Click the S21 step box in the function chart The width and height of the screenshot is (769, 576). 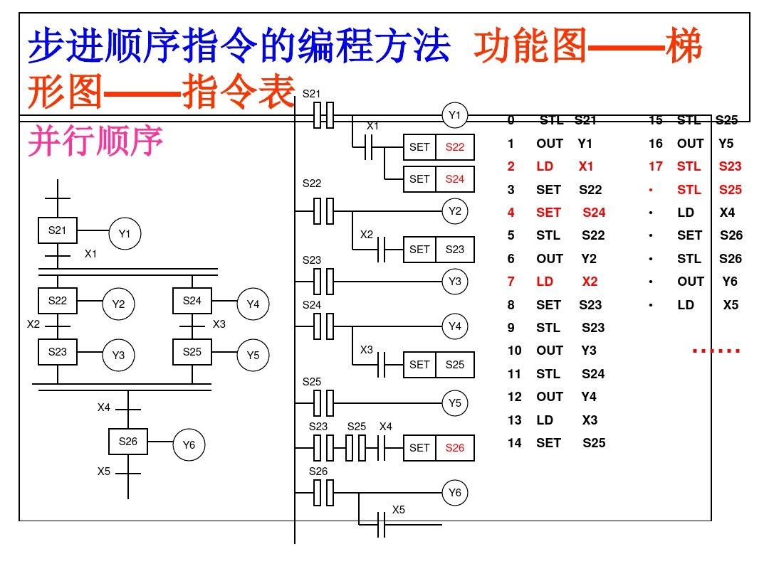[58, 230]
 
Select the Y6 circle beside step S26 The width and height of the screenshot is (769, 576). [189, 445]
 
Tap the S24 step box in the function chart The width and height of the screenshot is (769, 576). [192, 301]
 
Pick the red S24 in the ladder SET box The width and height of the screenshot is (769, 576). [455, 179]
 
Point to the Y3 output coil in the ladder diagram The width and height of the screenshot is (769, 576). [455, 282]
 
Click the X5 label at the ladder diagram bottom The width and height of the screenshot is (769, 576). [399, 510]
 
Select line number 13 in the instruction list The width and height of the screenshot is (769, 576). [514, 420]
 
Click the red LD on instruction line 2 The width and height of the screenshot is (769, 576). [545, 166]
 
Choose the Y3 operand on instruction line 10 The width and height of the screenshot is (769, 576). [589, 351]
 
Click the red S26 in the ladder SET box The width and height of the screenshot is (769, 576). [455, 448]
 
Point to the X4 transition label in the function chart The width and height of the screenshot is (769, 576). [104, 408]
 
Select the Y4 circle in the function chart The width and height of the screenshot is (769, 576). [253, 304]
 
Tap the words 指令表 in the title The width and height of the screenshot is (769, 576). [239, 92]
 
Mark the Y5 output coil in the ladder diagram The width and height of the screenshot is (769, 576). [455, 403]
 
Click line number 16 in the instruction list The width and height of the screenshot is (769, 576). [656, 144]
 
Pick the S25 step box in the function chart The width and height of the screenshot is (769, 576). [192, 352]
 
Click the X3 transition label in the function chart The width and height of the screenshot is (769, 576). [219, 325]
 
